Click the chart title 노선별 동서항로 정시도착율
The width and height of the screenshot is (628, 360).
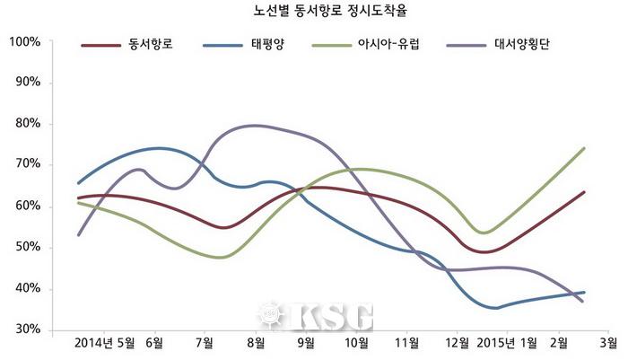314,13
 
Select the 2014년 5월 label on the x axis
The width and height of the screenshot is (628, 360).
106,344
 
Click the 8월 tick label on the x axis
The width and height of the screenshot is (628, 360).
255,344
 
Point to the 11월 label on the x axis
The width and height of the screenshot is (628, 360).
408,344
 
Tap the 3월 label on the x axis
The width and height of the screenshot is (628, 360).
607,344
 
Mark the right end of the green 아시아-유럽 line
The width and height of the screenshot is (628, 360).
584,148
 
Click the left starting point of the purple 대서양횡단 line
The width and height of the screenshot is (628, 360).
79,234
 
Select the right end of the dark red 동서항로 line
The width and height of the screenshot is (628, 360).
584,191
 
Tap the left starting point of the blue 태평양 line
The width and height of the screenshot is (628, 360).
79,183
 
